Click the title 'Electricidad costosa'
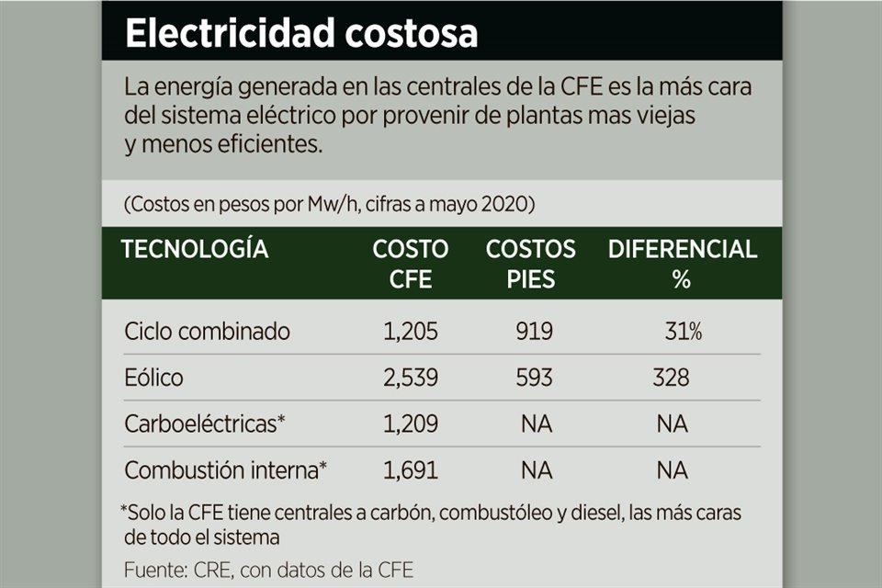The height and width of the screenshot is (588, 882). pyautogui.click(x=301, y=33)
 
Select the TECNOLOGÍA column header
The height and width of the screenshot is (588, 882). pyautogui.click(x=195, y=249)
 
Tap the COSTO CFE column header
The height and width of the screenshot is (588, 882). pyautogui.click(x=411, y=264)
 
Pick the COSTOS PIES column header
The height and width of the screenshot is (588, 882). pyautogui.click(x=531, y=264)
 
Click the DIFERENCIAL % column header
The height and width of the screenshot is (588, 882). pyautogui.click(x=682, y=264)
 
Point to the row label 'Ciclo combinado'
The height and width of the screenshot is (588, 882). pyautogui.click(x=208, y=332)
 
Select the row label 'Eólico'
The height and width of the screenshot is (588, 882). pyautogui.click(x=153, y=378)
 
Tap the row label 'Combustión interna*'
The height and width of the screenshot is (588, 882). pyautogui.click(x=226, y=470)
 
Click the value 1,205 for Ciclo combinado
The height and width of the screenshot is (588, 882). pyautogui.click(x=411, y=332)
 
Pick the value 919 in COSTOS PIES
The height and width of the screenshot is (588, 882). pyautogui.click(x=534, y=332)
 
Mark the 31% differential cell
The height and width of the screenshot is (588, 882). pyautogui.click(x=684, y=332)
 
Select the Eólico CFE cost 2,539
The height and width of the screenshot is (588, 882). pyautogui.click(x=411, y=378)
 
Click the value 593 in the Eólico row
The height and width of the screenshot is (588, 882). pyautogui.click(x=534, y=378)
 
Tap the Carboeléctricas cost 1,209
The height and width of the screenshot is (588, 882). pyautogui.click(x=411, y=424)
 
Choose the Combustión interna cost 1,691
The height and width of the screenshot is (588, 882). pyautogui.click(x=411, y=470)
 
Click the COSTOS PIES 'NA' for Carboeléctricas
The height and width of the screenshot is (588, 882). pyautogui.click(x=536, y=424)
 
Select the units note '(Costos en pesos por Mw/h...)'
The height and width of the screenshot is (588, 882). pyautogui.click(x=329, y=205)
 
